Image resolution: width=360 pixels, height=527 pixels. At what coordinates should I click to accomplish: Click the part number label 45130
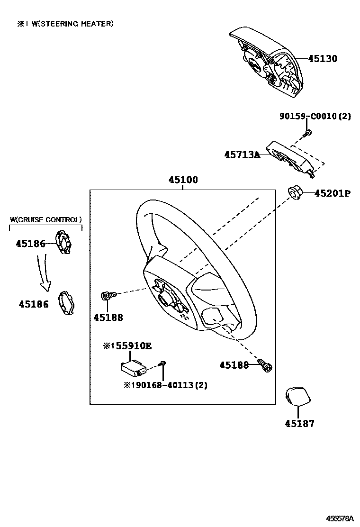[x=323, y=59]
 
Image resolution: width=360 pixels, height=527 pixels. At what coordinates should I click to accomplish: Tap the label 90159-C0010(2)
[x=314, y=117]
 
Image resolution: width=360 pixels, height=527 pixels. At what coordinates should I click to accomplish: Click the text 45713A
[x=242, y=154]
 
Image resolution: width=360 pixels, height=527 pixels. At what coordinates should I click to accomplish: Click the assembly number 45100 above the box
[x=183, y=180]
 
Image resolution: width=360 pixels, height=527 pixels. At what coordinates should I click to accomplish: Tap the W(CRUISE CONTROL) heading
[x=46, y=219]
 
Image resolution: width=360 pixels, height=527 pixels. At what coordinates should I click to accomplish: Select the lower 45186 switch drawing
[x=66, y=302]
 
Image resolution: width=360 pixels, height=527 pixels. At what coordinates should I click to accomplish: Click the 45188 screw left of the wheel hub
[x=108, y=296]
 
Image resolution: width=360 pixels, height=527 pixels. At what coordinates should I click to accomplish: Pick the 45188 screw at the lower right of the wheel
[x=265, y=364]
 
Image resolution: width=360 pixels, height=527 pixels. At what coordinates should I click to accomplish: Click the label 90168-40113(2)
[x=165, y=385]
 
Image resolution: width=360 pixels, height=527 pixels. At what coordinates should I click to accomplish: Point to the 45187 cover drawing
[x=297, y=397]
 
